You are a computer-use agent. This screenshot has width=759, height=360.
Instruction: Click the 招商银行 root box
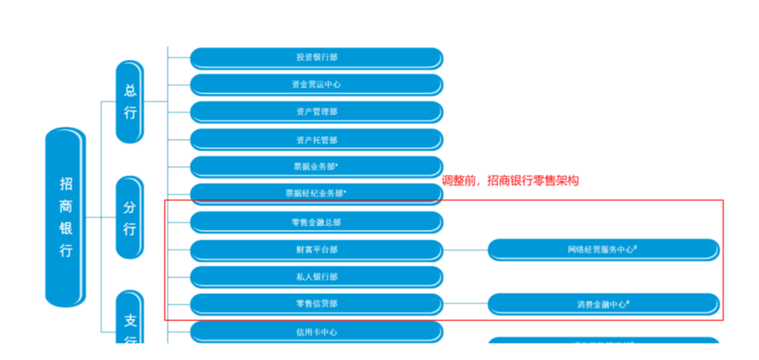point(66,217)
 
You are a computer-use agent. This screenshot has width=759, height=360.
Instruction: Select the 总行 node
point(130,102)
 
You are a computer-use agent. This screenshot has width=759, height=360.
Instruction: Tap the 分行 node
point(130,218)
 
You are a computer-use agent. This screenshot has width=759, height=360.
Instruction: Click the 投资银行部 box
point(317,58)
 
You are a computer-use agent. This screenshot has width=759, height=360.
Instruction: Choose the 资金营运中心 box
point(317,85)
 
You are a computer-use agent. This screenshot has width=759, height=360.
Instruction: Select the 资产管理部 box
point(317,112)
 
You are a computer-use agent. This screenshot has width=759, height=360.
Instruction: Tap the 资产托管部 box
point(317,140)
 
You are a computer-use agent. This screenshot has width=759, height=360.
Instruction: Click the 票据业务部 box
point(317,167)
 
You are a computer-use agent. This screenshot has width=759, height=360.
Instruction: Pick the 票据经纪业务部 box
point(317,194)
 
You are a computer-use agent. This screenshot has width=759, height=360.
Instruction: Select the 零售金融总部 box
point(317,222)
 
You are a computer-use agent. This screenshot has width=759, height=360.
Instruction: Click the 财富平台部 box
point(317,250)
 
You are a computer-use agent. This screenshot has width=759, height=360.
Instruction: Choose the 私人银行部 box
point(317,277)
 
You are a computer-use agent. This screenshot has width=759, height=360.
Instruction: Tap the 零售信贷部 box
point(317,304)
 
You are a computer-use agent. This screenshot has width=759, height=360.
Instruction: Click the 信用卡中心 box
point(317,332)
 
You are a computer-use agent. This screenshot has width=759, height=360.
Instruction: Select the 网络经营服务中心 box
point(603,250)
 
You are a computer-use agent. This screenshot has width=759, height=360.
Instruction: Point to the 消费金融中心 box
point(603,304)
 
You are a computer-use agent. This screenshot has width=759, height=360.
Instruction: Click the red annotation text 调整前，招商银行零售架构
point(510,181)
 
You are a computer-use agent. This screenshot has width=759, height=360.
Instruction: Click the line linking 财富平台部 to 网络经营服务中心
point(466,250)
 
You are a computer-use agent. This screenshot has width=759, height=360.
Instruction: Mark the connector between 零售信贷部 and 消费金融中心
point(466,305)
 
